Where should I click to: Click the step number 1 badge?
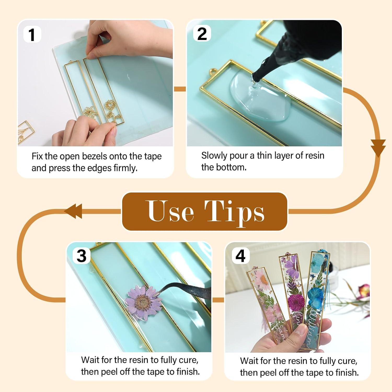tap(32, 34)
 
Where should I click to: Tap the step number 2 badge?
tap(202, 34)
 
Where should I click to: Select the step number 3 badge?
tap(82, 256)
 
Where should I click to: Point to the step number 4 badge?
tap(240, 256)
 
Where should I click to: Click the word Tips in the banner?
tap(234, 212)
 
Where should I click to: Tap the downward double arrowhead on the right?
tap(378, 148)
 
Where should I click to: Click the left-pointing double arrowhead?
tap(74, 211)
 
